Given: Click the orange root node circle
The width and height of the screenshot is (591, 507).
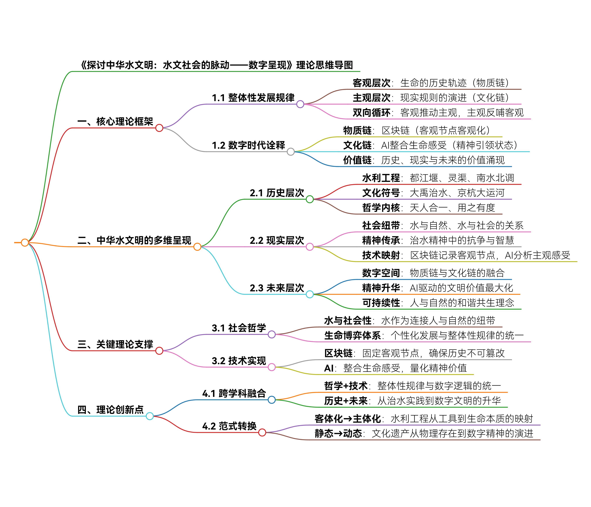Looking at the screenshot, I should [x=25, y=243].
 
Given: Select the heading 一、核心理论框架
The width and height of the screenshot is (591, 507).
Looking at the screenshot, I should [x=115, y=121].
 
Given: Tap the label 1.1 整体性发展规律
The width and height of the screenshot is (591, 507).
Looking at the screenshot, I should [x=253, y=98].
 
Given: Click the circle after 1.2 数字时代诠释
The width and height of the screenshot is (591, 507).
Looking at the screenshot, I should [x=291, y=152].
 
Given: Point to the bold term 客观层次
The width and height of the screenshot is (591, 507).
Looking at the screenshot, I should [x=371, y=83].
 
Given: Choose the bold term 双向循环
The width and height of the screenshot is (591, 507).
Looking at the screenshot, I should [x=371, y=113].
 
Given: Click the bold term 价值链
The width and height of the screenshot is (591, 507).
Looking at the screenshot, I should [x=357, y=160].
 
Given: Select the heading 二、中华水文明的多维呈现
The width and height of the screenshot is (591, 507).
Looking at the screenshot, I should [x=134, y=240].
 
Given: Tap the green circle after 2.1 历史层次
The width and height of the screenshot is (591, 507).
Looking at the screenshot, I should [x=310, y=199].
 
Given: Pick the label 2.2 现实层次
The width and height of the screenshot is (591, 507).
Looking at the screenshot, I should [x=277, y=240].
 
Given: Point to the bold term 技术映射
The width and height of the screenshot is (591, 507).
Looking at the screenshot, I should [x=381, y=255].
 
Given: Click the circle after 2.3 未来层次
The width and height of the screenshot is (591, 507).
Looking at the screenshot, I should [x=310, y=294].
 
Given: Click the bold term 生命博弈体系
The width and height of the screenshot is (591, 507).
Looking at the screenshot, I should [x=353, y=336].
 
